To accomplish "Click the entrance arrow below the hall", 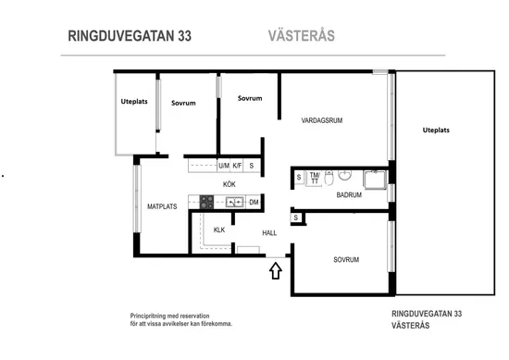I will [x=274, y=271].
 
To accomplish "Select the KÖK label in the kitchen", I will [x=229, y=184].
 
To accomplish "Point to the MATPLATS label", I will [x=162, y=207].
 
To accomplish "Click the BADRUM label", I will [x=349, y=195].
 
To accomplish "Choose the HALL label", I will [x=269, y=233].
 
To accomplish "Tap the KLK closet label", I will [x=219, y=230].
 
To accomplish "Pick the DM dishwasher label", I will [x=253, y=202].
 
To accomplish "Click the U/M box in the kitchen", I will [x=223, y=166].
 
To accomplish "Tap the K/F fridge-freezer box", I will [x=237, y=166].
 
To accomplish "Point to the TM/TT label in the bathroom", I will [x=315, y=177].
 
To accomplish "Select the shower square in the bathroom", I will [x=375, y=179].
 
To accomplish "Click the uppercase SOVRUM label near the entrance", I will [x=346, y=260].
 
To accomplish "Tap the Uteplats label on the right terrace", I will [x=436, y=130].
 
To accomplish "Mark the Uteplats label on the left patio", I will [x=135, y=102].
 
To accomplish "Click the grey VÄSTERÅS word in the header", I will [x=301, y=37].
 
